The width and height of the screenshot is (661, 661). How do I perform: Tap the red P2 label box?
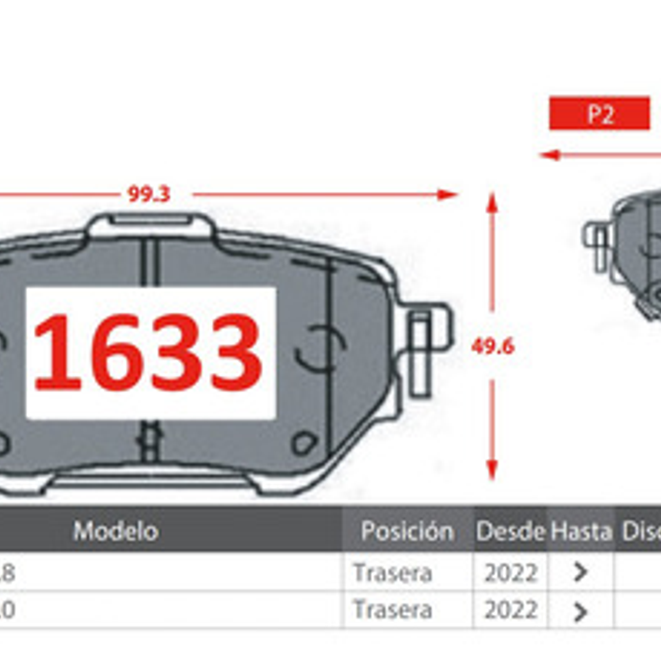coord(599,114)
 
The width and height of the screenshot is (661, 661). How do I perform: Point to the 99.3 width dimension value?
coord(149,194)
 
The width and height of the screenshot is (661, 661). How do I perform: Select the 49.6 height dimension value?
coord(492,347)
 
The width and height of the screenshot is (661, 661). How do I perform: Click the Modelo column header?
coord(115,531)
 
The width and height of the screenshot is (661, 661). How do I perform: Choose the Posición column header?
coord(407,531)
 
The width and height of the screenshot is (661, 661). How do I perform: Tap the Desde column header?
coord(510,531)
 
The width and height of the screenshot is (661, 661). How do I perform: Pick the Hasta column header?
coord(581,531)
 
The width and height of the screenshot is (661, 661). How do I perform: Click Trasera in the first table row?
coord(393,573)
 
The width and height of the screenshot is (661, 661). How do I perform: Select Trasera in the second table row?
coord(393,610)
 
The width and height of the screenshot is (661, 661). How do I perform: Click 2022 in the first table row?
coord(510,573)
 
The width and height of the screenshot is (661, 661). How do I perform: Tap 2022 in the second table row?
coord(510,610)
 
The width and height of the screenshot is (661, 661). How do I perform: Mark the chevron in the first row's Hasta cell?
coord(580,573)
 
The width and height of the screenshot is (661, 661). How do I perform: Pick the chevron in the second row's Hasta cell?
coord(580,611)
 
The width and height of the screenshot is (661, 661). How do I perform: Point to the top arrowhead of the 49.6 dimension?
coord(492,203)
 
